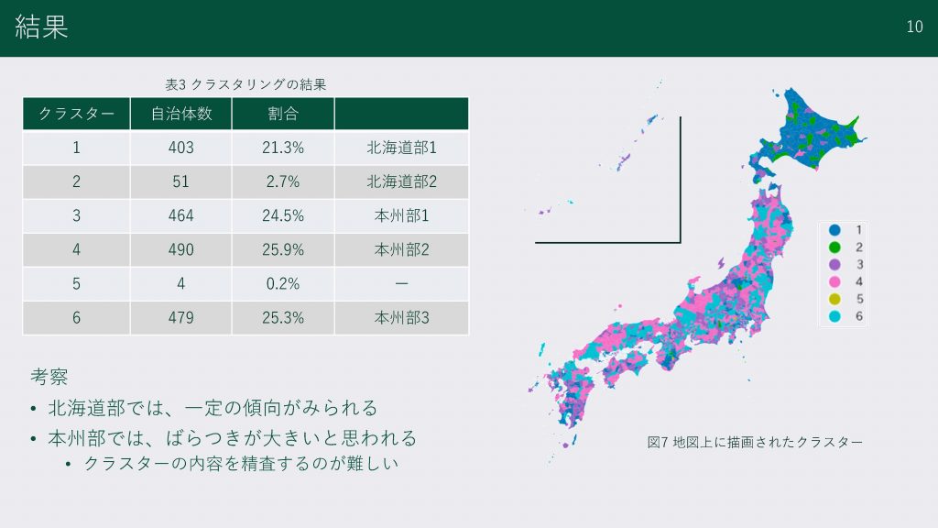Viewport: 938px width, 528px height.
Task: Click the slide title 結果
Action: coord(41,27)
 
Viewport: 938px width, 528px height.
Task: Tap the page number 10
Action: coord(914,27)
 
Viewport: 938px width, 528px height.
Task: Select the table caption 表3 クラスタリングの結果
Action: coord(245,84)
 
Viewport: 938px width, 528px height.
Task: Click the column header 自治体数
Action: coord(181,114)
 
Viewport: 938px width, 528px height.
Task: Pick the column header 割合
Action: coord(283,114)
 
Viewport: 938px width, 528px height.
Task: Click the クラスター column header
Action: coord(77,114)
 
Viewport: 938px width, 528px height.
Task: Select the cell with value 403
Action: coord(180,148)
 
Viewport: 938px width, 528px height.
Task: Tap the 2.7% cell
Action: coord(283,181)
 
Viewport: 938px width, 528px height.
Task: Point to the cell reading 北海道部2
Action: coord(401,181)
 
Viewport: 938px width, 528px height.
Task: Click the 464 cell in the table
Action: coord(180,215)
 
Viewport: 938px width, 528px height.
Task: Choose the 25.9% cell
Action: coord(283,249)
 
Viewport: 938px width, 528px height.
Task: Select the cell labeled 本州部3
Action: coord(401,317)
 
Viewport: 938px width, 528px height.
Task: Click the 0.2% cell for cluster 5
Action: coord(283,284)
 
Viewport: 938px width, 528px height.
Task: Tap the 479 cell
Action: coord(180,317)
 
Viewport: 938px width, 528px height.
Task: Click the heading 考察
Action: coord(49,377)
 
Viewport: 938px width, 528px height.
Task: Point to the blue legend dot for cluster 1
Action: coord(834,230)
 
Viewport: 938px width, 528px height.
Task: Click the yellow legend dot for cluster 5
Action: coord(834,300)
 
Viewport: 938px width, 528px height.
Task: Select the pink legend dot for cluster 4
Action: coord(834,282)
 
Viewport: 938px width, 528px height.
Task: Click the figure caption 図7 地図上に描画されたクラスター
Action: coord(755,443)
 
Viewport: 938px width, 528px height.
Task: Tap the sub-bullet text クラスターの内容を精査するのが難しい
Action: coord(241,463)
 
